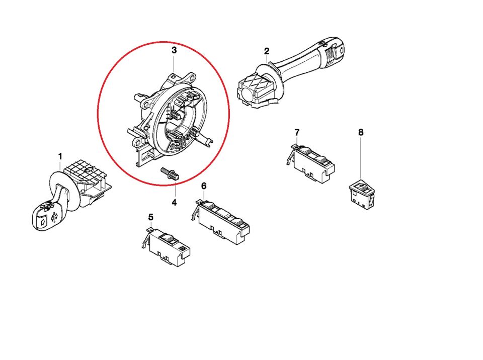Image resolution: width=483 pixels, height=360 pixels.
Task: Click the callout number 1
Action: click(x=60, y=156)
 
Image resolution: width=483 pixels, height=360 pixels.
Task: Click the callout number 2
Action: click(x=267, y=51)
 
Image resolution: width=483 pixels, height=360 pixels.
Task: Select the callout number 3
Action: click(x=174, y=50)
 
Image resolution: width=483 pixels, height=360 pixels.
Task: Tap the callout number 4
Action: click(x=174, y=203)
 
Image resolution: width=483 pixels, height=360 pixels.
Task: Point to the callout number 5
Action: click(x=150, y=217)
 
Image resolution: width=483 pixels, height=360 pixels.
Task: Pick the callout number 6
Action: click(x=204, y=186)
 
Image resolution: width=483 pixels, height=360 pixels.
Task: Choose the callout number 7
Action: click(x=297, y=132)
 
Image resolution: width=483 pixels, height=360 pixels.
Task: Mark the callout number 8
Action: click(x=361, y=132)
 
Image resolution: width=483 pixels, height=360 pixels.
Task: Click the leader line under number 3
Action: click(x=174, y=63)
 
